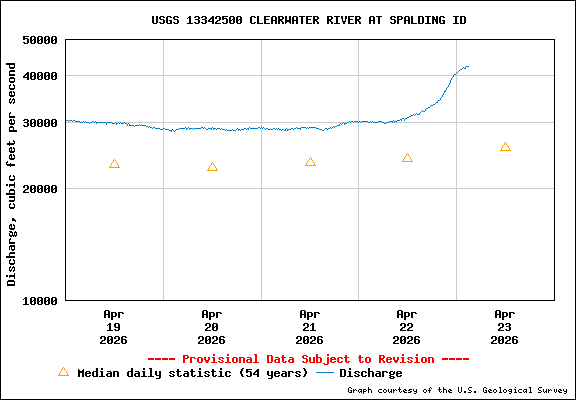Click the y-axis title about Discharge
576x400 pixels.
click(12, 174)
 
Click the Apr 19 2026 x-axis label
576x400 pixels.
click(114, 326)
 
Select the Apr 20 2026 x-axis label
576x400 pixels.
click(212, 326)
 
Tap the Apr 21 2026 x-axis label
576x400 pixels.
click(310, 326)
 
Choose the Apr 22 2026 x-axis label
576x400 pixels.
click(407, 326)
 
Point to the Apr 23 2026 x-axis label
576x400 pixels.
click(505, 326)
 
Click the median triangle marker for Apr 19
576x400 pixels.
click(114, 164)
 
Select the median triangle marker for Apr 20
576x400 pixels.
click(212, 167)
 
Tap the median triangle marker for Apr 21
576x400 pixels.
click(310, 162)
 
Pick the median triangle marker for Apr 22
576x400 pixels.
click(407, 158)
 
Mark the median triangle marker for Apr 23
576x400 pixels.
click(505, 147)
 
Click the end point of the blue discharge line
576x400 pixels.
click(468, 67)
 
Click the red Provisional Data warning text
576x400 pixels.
click(308, 359)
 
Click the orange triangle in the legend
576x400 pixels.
click(63, 372)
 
